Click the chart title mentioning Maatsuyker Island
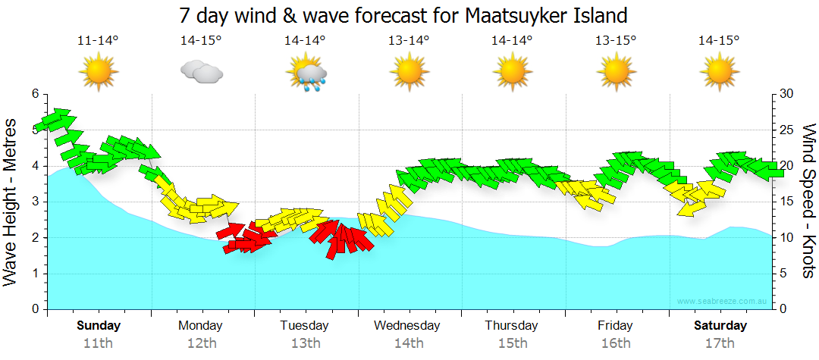(403, 15)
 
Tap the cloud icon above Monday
(201, 72)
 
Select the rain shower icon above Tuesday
(306, 74)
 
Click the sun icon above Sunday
(98, 73)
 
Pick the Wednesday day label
(407, 326)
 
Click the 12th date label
(201, 343)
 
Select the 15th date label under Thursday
(512, 343)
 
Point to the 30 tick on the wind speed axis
(788, 94)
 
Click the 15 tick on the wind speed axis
(788, 202)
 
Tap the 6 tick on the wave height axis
(34, 94)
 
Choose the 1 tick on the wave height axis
(34, 274)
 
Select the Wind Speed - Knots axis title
(808, 201)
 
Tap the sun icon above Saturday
(719, 73)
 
